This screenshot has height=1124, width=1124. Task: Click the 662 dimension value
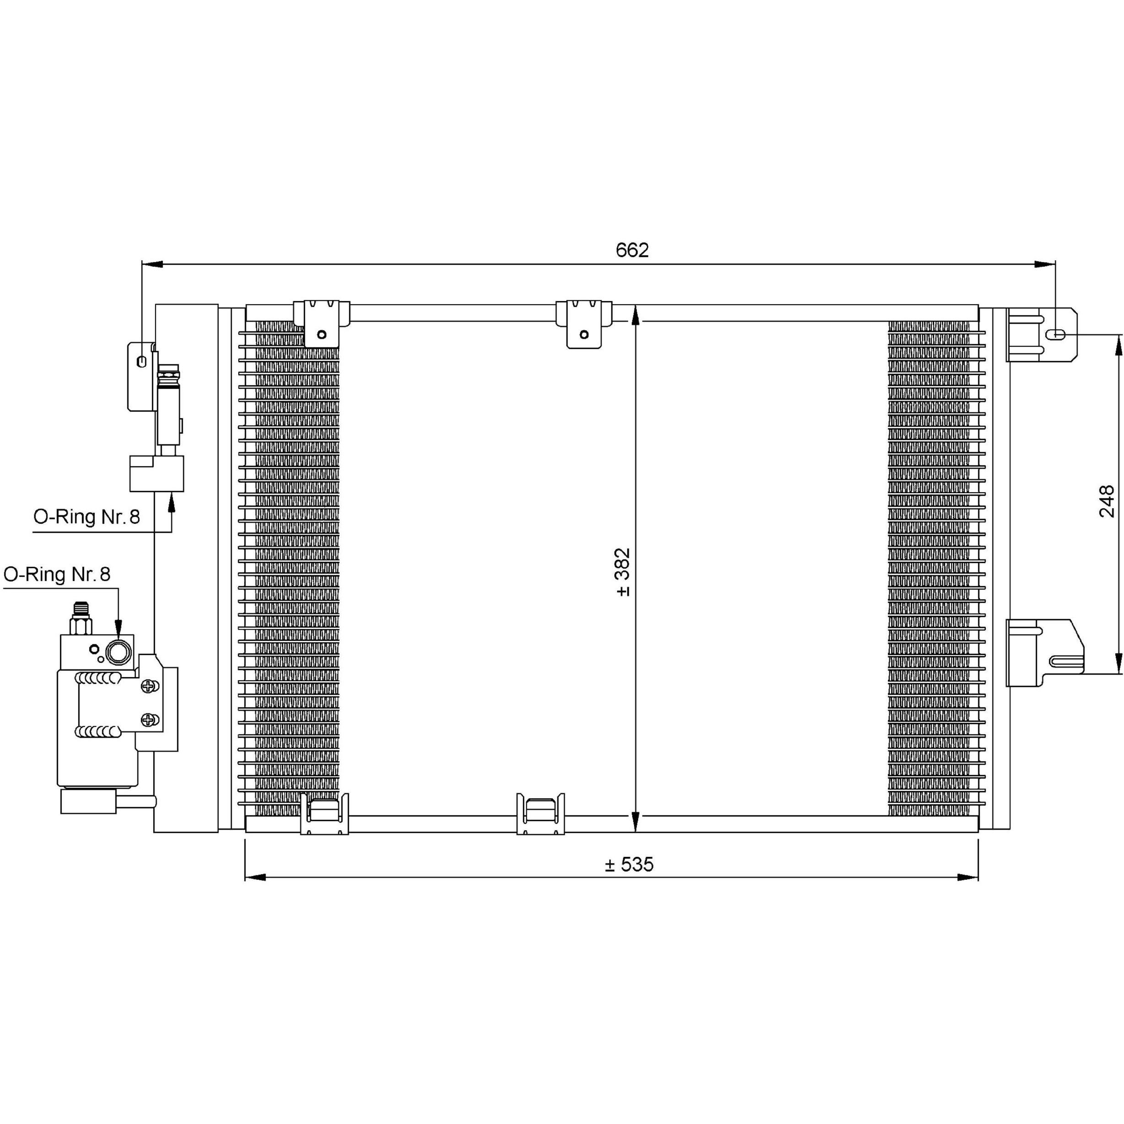click(x=632, y=250)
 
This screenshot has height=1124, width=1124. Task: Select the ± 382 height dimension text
click(x=623, y=572)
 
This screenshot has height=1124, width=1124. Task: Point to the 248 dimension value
click(x=1107, y=501)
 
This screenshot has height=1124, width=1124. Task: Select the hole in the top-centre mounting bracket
click(x=584, y=334)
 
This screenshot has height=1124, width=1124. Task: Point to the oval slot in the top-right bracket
click(x=1056, y=334)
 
